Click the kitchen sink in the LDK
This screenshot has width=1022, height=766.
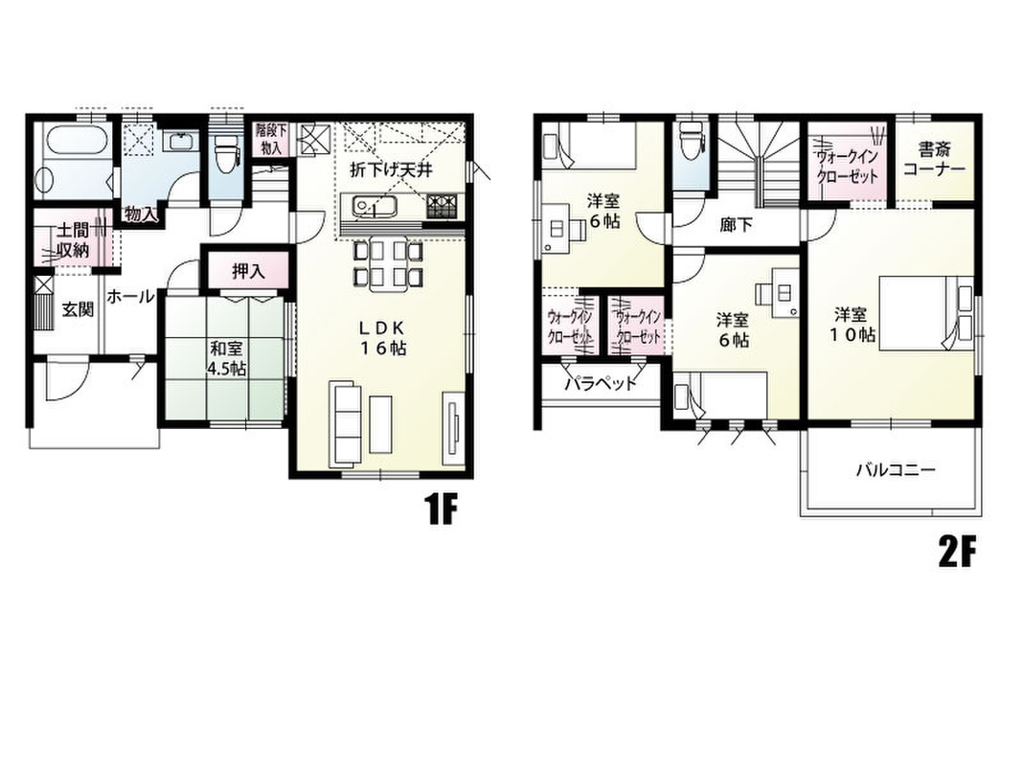(x=375, y=207)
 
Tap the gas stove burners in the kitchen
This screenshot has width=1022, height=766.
(x=443, y=206)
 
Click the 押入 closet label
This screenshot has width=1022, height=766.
(x=248, y=272)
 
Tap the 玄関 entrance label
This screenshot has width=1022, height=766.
(x=78, y=308)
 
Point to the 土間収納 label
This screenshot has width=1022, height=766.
(x=72, y=239)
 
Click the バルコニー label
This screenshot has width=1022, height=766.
(x=897, y=469)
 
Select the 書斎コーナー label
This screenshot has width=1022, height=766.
(x=934, y=160)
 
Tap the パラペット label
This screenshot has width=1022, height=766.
(x=600, y=384)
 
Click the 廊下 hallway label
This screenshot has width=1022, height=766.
(x=736, y=225)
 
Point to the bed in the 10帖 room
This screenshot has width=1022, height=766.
(x=925, y=313)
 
